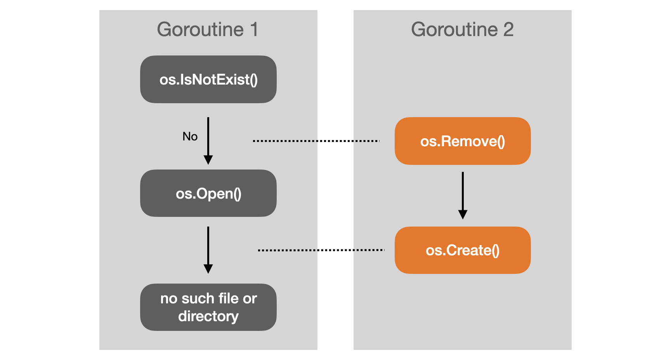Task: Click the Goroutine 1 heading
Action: [x=208, y=30]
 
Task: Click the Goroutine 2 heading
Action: [x=462, y=30]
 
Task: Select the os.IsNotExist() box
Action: [x=208, y=80]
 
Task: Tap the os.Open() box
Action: [x=208, y=193]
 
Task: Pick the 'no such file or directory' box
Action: [x=208, y=307]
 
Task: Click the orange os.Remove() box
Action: [x=463, y=141]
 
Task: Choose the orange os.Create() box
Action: [x=463, y=250]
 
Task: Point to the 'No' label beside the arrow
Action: [x=190, y=137]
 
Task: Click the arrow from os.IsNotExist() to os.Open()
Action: [x=208, y=141]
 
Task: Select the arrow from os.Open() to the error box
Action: [x=208, y=250]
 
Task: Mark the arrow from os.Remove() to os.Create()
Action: [x=463, y=196]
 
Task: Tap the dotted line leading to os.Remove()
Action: [x=316, y=141]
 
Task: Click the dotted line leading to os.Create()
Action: [x=321, y=250]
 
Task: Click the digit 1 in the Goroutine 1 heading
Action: [x=254, y=30]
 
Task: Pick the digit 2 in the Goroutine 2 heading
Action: [x=508, y=30]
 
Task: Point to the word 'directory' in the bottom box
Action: [x=208, y=317]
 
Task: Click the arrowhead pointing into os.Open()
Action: [x=208, y=160]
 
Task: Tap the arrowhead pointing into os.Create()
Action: [x=463, y=215]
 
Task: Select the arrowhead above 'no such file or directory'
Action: [x=208, y=269]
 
